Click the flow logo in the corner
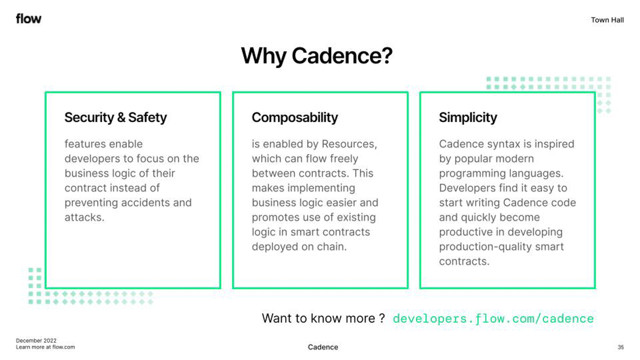[x=28, y=19]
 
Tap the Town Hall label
[x=607, y=20]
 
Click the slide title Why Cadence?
[x=316, y=55]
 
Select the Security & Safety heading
[x=115, y=117]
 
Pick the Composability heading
[x=294, y=117]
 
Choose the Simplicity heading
[x=468, y=117]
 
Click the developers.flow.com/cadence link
[x=493, y=318]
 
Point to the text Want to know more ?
[x=323, y=318]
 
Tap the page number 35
[x=620, y=347]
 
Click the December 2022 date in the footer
[x=36, y=341]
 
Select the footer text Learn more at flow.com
[x=45, y=347]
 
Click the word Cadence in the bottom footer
[x=323, y=347]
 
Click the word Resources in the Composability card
[x=348, y=144]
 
